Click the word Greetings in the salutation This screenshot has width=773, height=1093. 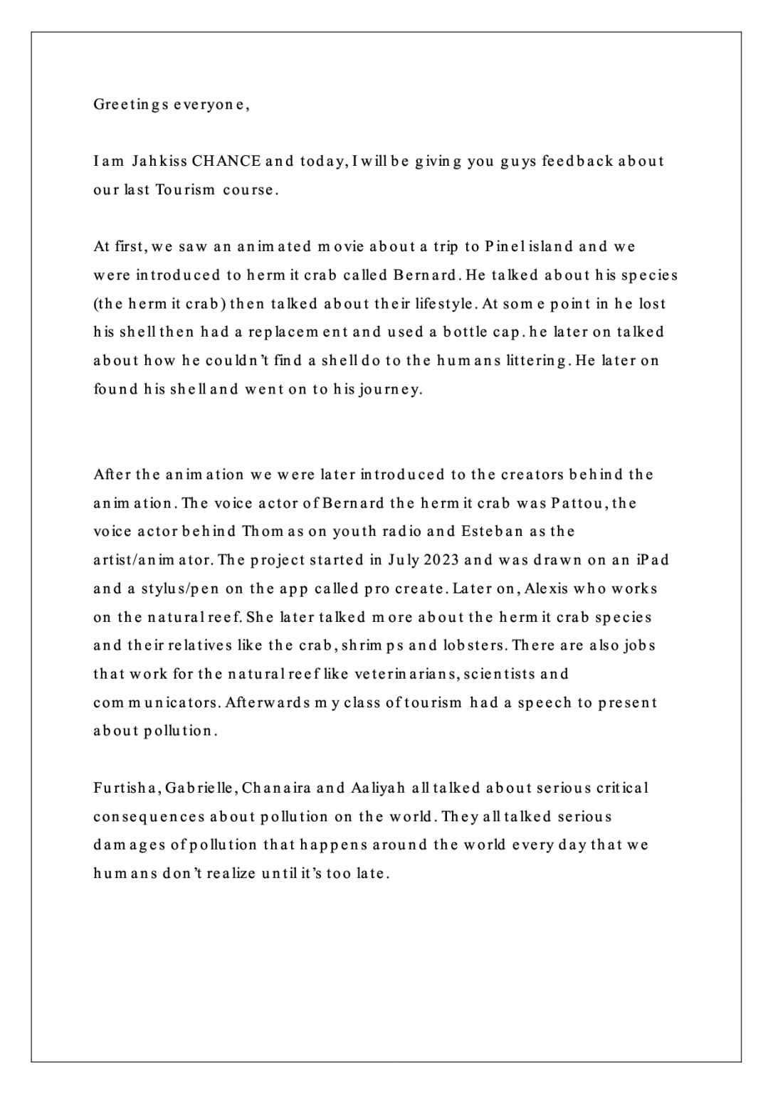pyautogui.click(x=132, y=105)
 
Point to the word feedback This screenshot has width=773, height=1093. pyautogui.click(x=577, y=162)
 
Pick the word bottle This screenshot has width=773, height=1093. pyautogui.click(x=451, y=332)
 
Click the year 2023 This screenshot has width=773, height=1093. pyautogui.click(x=441, y=561)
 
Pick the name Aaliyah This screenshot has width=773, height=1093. pyautogui.click(x=378, y=788)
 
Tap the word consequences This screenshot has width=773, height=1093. pyautogui.click(x=149, y=817)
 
